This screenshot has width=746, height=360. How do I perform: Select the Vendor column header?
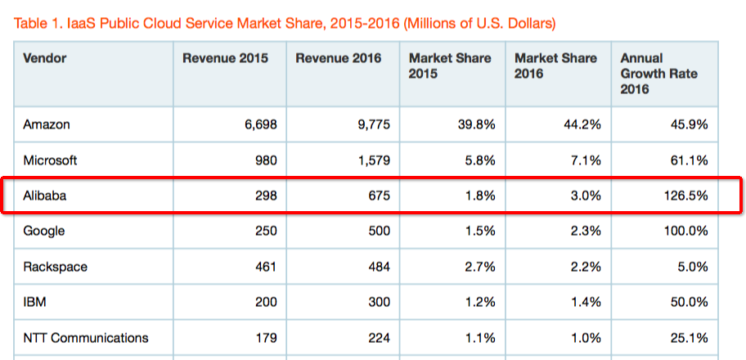[45, 59]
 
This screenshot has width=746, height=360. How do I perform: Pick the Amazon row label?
[47, 125]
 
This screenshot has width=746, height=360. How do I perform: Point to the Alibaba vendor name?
[46, 196]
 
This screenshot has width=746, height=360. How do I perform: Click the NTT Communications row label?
[86, 337]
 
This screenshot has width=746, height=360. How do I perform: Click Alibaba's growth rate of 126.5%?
[685, 196]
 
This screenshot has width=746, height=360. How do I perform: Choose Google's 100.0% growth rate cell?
[685, 232]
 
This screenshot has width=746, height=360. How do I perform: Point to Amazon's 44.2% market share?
[582, 125]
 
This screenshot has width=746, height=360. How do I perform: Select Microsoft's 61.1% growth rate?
[688, 160]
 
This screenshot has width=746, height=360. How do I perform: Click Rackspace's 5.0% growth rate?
[691, 267]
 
